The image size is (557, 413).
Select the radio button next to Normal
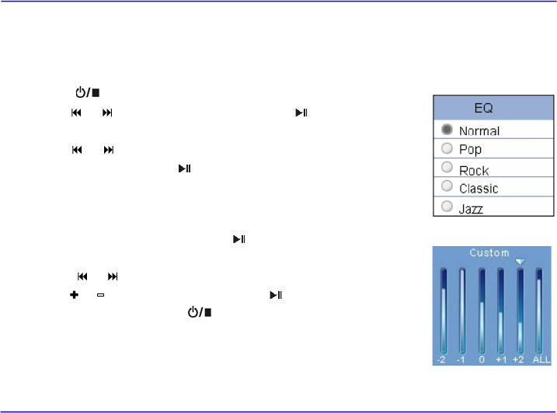coord(447,130)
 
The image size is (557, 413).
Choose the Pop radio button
coord(447,149)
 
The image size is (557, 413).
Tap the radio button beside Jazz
coord(447,206)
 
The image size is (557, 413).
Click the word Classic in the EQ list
coord(479,188)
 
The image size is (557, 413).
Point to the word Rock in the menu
coord(474,169)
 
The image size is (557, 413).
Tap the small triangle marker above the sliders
coord(520,262)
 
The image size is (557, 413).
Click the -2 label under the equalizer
coord(443,360)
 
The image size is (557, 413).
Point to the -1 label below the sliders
coord(462,360)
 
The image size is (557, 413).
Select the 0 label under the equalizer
coord(482,360)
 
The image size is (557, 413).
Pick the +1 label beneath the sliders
coord(501,360)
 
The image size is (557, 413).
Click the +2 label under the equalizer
coord(520,360)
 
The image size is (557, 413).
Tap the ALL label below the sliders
coord(541,360)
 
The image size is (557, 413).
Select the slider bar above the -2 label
coord(444,311)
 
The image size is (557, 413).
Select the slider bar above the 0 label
coord(482,311)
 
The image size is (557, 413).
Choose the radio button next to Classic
coord(447,187)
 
